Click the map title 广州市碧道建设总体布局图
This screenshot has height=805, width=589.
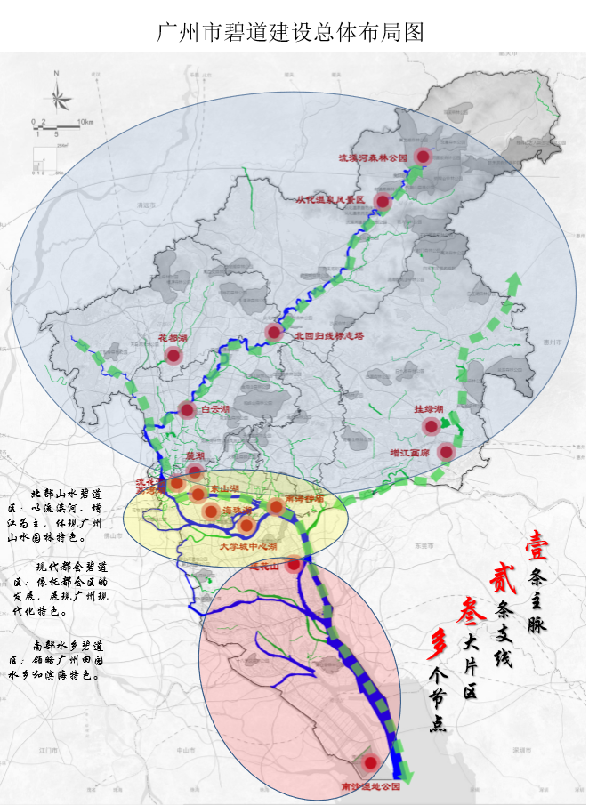[x=289, y=33]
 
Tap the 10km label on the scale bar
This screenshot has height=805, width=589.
[x=85, y=120]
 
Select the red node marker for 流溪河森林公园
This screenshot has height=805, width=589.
[x=424, y=157]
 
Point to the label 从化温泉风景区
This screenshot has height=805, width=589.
[x=331, y=200]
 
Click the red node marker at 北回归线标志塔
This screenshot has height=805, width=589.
[x=273, y=332]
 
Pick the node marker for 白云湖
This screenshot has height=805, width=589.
[x=187, y=410]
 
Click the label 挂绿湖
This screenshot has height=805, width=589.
[x=429, y=410]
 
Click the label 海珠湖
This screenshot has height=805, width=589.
[x=234, y=509]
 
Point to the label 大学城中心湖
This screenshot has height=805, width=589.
[x=249, y=545]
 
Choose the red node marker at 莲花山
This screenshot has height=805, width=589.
[x=293, y=563]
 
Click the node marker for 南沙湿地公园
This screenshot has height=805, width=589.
[x=370, y=762]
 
